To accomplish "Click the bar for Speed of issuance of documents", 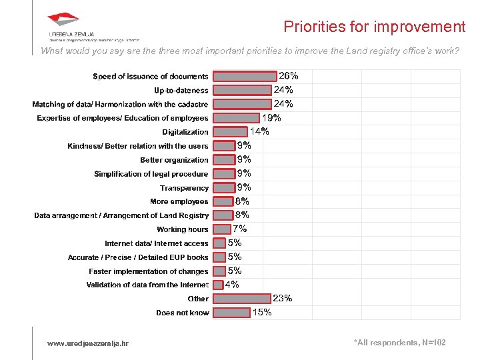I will click(244, 76).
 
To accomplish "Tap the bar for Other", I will click(242, 299).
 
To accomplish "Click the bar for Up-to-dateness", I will click(243, 90).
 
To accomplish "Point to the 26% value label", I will click(288, 76).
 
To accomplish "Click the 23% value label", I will click(283, 298).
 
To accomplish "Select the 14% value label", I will click(259, 131).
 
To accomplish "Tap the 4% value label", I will click(233, 285).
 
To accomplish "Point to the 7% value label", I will click(239, 229).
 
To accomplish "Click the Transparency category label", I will click(184, 188).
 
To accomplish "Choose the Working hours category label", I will click(182, 229).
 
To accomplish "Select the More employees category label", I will click(179, 201).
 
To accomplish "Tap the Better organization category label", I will click(174, 160).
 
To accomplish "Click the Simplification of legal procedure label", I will click(151, 174).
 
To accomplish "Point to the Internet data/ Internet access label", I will click(156, 243).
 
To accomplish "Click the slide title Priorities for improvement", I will click(374, 27).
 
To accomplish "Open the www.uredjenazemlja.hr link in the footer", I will click(88, 343).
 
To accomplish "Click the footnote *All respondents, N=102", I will click(399, 343).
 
